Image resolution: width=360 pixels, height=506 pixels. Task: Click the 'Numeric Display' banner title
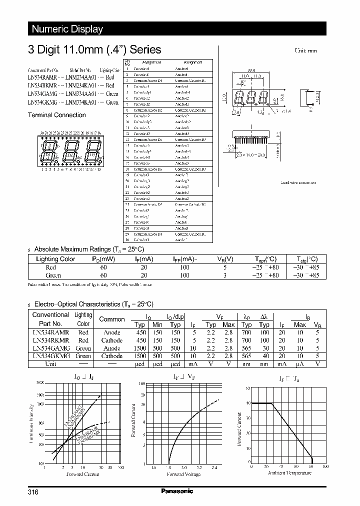[x=67, y=29]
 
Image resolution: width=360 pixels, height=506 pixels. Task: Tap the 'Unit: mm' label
[x=306, y=51]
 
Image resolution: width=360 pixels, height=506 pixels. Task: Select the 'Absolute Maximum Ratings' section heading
[x=89, y=249]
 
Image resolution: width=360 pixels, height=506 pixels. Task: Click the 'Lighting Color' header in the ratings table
[x=55, y=259]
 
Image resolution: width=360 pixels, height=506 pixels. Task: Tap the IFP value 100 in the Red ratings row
[x=184, y=267]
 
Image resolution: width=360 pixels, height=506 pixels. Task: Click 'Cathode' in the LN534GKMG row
[x=112, y=356]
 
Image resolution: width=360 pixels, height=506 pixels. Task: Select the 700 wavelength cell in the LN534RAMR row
[x=246, y=332]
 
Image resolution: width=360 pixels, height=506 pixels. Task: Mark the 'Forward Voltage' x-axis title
[x=183, y=474]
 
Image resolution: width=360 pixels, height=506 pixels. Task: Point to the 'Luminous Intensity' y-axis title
[x=31, y=423]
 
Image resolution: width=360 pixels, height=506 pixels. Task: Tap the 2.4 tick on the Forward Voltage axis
[x=214, y=467]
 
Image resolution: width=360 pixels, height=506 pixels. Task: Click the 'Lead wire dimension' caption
[x=298, y=182]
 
